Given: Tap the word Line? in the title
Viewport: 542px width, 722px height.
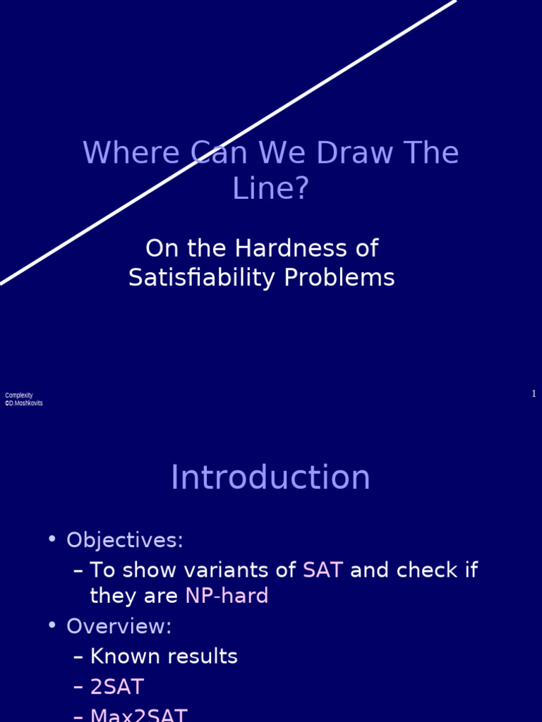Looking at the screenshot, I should click(271, 188).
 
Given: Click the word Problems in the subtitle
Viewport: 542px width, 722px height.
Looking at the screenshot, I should click(339, 278).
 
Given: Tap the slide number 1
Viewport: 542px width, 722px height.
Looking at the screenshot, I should click(534, 394).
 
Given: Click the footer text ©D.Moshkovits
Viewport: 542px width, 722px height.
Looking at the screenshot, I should click(24, 403).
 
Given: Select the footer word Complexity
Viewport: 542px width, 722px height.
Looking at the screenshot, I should click(19, 396).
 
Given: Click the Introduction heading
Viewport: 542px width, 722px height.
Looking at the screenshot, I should click(270, 478).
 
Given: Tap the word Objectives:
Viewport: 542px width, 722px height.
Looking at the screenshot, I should click(125, 541).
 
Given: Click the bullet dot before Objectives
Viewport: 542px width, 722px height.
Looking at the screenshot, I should click(52, 539).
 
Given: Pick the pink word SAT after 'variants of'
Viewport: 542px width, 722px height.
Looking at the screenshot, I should click(323, 570).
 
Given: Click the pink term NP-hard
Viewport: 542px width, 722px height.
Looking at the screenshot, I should click(227, 596).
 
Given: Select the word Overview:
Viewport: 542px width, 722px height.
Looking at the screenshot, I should click(119, 627).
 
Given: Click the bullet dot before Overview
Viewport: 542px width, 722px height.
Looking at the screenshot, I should click(52, 625).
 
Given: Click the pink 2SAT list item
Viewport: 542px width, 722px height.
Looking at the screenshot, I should click(117, 687).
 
